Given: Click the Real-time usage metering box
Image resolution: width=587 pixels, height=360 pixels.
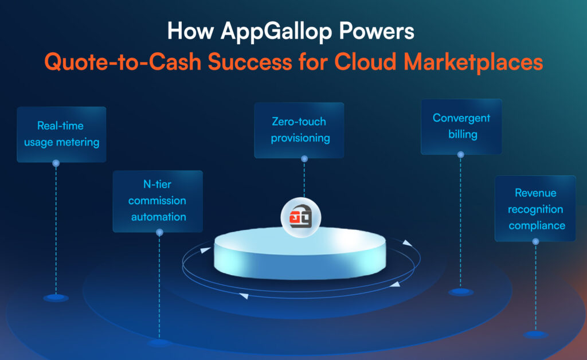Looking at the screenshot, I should coord(61,134).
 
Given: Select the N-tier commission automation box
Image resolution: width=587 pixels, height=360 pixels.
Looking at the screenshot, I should coord(158,201).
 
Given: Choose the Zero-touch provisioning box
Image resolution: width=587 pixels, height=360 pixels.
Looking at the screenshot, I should coord(299,130).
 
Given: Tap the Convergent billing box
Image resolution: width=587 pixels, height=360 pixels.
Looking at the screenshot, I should coord(461,127).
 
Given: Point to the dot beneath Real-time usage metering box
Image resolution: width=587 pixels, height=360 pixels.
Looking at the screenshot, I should coord(56,163).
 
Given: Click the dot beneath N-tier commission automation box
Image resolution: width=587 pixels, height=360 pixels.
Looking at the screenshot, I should coord(159,232).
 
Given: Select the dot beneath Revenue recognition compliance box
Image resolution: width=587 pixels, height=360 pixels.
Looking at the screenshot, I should coord(535,242).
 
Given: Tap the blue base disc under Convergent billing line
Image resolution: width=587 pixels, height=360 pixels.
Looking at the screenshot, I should coord(461,292).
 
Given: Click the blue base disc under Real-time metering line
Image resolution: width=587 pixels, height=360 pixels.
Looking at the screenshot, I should coord(56,298).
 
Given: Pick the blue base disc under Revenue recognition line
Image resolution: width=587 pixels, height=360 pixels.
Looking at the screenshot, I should coord(535,334).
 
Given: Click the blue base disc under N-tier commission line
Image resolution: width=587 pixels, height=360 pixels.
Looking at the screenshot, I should coord(159,342).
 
